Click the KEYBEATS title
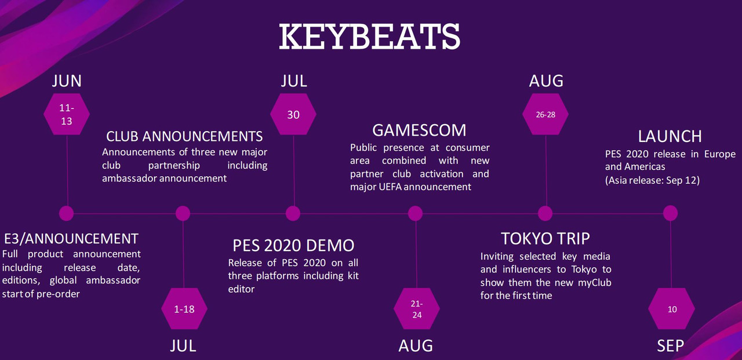tap(370, 37)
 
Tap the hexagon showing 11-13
tap(67, 114)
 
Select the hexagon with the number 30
tap(293, 114)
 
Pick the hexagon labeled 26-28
tap(545, 114)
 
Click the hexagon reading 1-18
tap(184, 308)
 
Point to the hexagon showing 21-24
tap(417, 308)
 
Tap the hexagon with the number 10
tap(671, 308)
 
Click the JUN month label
tap(67, 81)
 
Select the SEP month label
tap(671, 346)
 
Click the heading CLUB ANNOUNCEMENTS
tap(184, 136)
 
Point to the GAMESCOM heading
tap(419, 130)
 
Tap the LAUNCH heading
tap(670, 136)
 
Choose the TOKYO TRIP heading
tap(545, 238)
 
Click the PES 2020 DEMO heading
tap(293, 245)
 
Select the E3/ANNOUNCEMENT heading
tap(71, 238)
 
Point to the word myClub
tap(595, 283)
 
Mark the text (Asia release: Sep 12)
tap(652, 180)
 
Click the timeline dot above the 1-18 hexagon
tap(183, 213)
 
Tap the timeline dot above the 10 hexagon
tap(671, 213)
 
